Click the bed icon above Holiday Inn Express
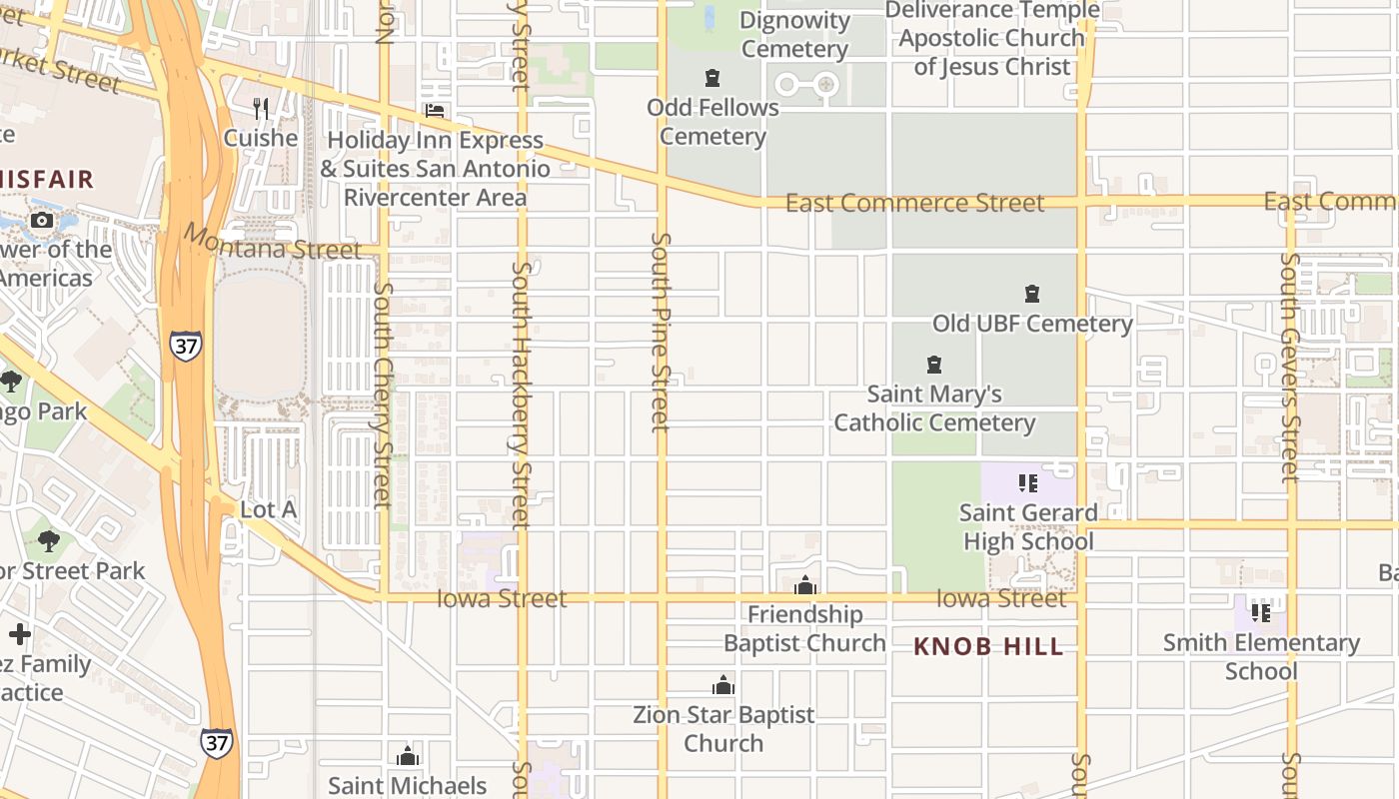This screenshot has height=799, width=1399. (x=435, y=111)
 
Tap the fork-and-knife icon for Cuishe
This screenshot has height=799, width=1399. (x=261, y=108)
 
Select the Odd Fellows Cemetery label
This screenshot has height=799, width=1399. (x=712, y=122)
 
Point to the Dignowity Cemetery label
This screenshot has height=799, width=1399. (x=795, y=35)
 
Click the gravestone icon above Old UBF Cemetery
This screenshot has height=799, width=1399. (x=1032, y=295)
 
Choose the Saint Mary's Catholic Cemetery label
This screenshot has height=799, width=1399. (x=934, y=408)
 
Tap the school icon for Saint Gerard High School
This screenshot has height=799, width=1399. (x=1028, y=484)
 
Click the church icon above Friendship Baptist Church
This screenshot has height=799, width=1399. (x=805, y=585)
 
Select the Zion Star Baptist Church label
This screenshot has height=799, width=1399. (x=723, y=729)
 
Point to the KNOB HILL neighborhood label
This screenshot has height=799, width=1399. (x=988, y=647)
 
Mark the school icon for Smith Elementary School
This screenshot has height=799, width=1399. (x=1261, y=612)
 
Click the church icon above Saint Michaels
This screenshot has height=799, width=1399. (x=407, y=756)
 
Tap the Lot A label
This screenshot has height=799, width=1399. (x=269, y=509)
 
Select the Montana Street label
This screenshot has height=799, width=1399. (x=272, y=243)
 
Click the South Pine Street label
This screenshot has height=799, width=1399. (x=661, y=333)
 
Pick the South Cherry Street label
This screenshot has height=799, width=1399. (x=383, y=395)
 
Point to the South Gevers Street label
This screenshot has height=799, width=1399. (x=1290, y=367)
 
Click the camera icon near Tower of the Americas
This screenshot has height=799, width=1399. (x=42, y=221)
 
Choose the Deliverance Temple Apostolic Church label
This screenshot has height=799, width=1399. (x=992, y=38)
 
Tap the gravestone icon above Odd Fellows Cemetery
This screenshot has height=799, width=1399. (x=712, y=78)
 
